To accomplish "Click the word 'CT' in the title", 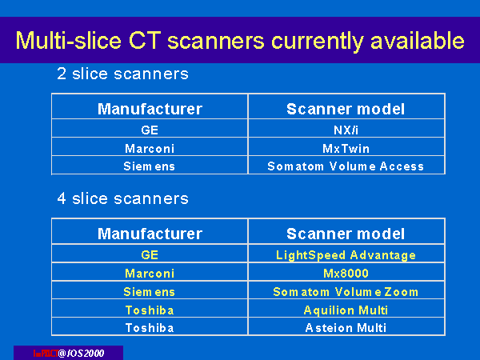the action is tap(145, 40).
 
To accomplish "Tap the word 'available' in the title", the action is tap(418, 40).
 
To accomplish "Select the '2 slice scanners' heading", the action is tap(122, 74).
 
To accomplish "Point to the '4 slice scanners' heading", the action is tap(122, 198).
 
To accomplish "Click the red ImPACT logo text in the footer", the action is tap(46, 354).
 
